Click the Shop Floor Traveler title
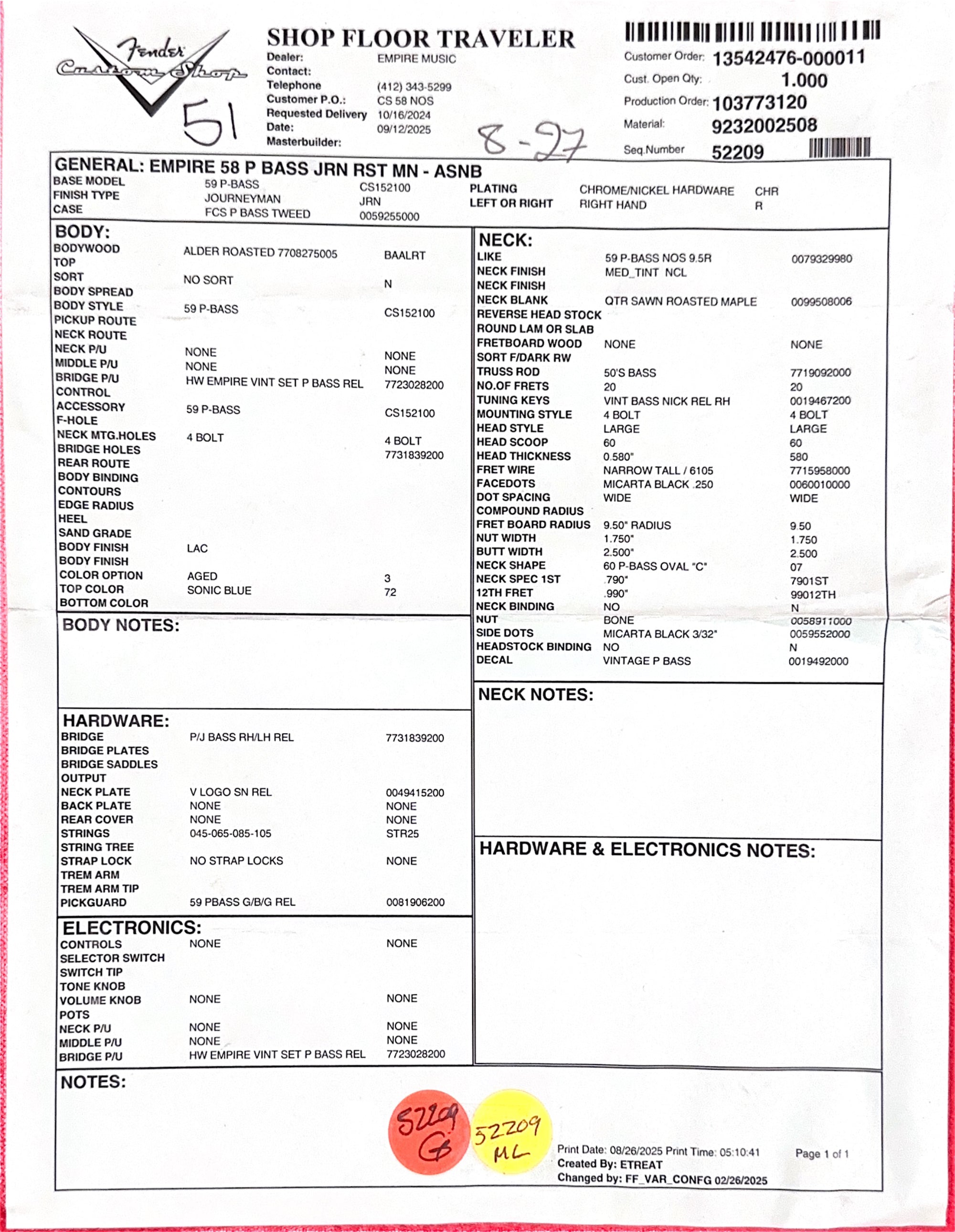coord(421,38)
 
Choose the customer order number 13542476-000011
coord(788,58)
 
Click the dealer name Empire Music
coord(416,59)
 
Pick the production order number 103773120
coord(759,103)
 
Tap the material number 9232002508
coord(764,125)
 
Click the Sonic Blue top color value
coord(219,590)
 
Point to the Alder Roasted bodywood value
coord(260,253)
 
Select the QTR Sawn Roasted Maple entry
coord(680,301)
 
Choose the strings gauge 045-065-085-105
coord(230,833)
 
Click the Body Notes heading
coord(121,626)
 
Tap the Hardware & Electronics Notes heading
coord(647,850)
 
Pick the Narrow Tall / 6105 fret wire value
coord(658,471)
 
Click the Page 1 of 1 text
coord(822,1154)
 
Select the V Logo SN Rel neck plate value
coord(230,792)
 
